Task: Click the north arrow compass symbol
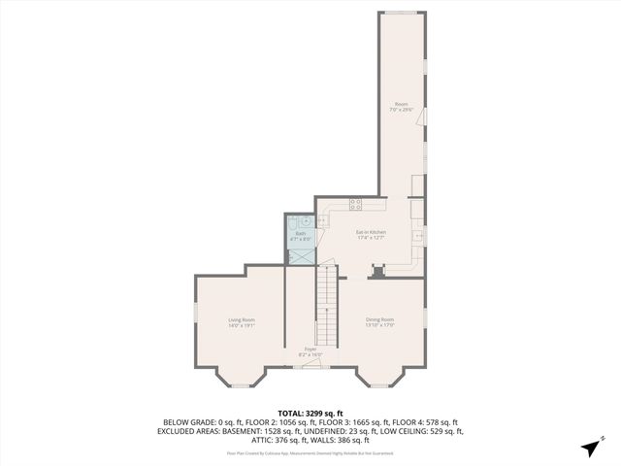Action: pyautogui.click(x=589, y=448)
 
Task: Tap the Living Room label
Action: pyautogui.click(x=242, y=322)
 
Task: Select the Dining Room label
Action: pyautogui.click(x=379, y=322)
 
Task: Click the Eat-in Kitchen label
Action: pyautogui.click(x=371, y=234)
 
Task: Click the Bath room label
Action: pyautogui.click(x=301, y=235)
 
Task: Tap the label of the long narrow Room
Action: pyautogui.click(x=401, y=107)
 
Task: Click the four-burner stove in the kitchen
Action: pyautogui.click(x=355, y=205)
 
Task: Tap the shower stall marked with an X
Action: pyautogui.click(x=301, y=255)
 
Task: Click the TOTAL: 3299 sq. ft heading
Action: pyautogui.click(x=310, y=414)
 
